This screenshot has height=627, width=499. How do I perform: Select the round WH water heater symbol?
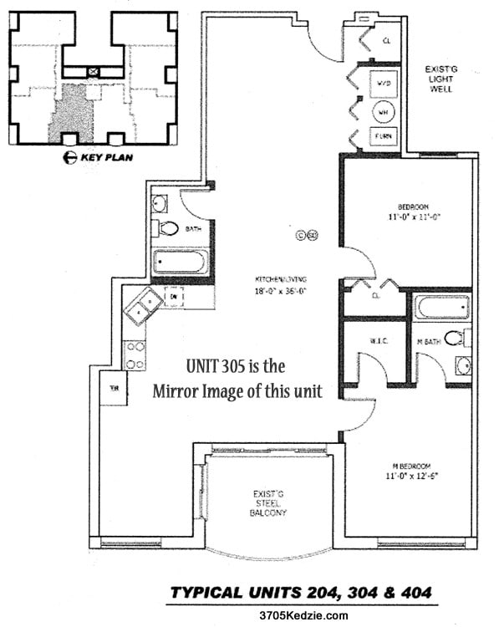coord(384,110)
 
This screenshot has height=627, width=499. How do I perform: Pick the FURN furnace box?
coord(384,136)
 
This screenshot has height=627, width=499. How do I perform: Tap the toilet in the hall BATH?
coord(167,228)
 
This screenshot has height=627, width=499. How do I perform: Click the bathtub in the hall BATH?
coord(181,262)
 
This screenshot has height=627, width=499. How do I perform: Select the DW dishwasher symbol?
coord(175,296)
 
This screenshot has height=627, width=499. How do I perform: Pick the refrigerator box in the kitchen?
coord(113,389)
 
